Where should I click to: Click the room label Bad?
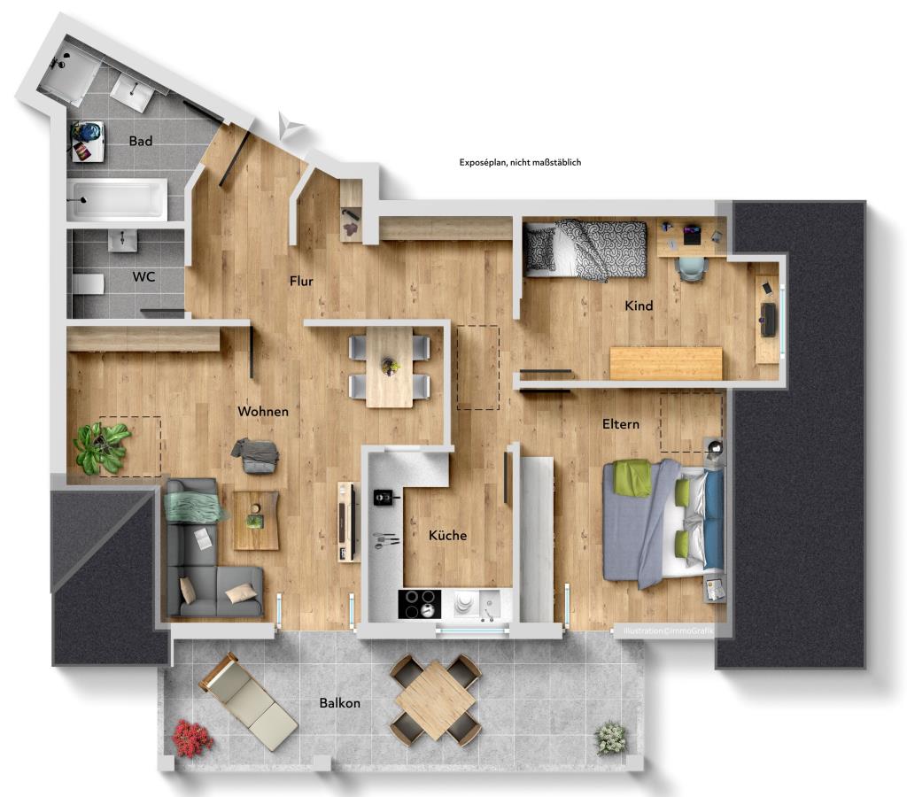coord(140,141)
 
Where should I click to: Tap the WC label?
coord(143,276)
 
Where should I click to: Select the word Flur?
coord(301,282)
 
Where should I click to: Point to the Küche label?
coord(447,535)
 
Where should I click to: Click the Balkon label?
coord(340,702)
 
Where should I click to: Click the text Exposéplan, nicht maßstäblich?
coord(520,162)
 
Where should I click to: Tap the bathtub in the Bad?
coord(116,199)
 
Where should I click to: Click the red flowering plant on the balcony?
coord(191,738)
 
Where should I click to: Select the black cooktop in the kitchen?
coord(419,604)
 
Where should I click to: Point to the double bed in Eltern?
coord(663,522)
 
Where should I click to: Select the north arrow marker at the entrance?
coord(291,127)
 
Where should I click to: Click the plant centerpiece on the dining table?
coord(390,364)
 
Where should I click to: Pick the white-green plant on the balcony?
coord(610,737)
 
